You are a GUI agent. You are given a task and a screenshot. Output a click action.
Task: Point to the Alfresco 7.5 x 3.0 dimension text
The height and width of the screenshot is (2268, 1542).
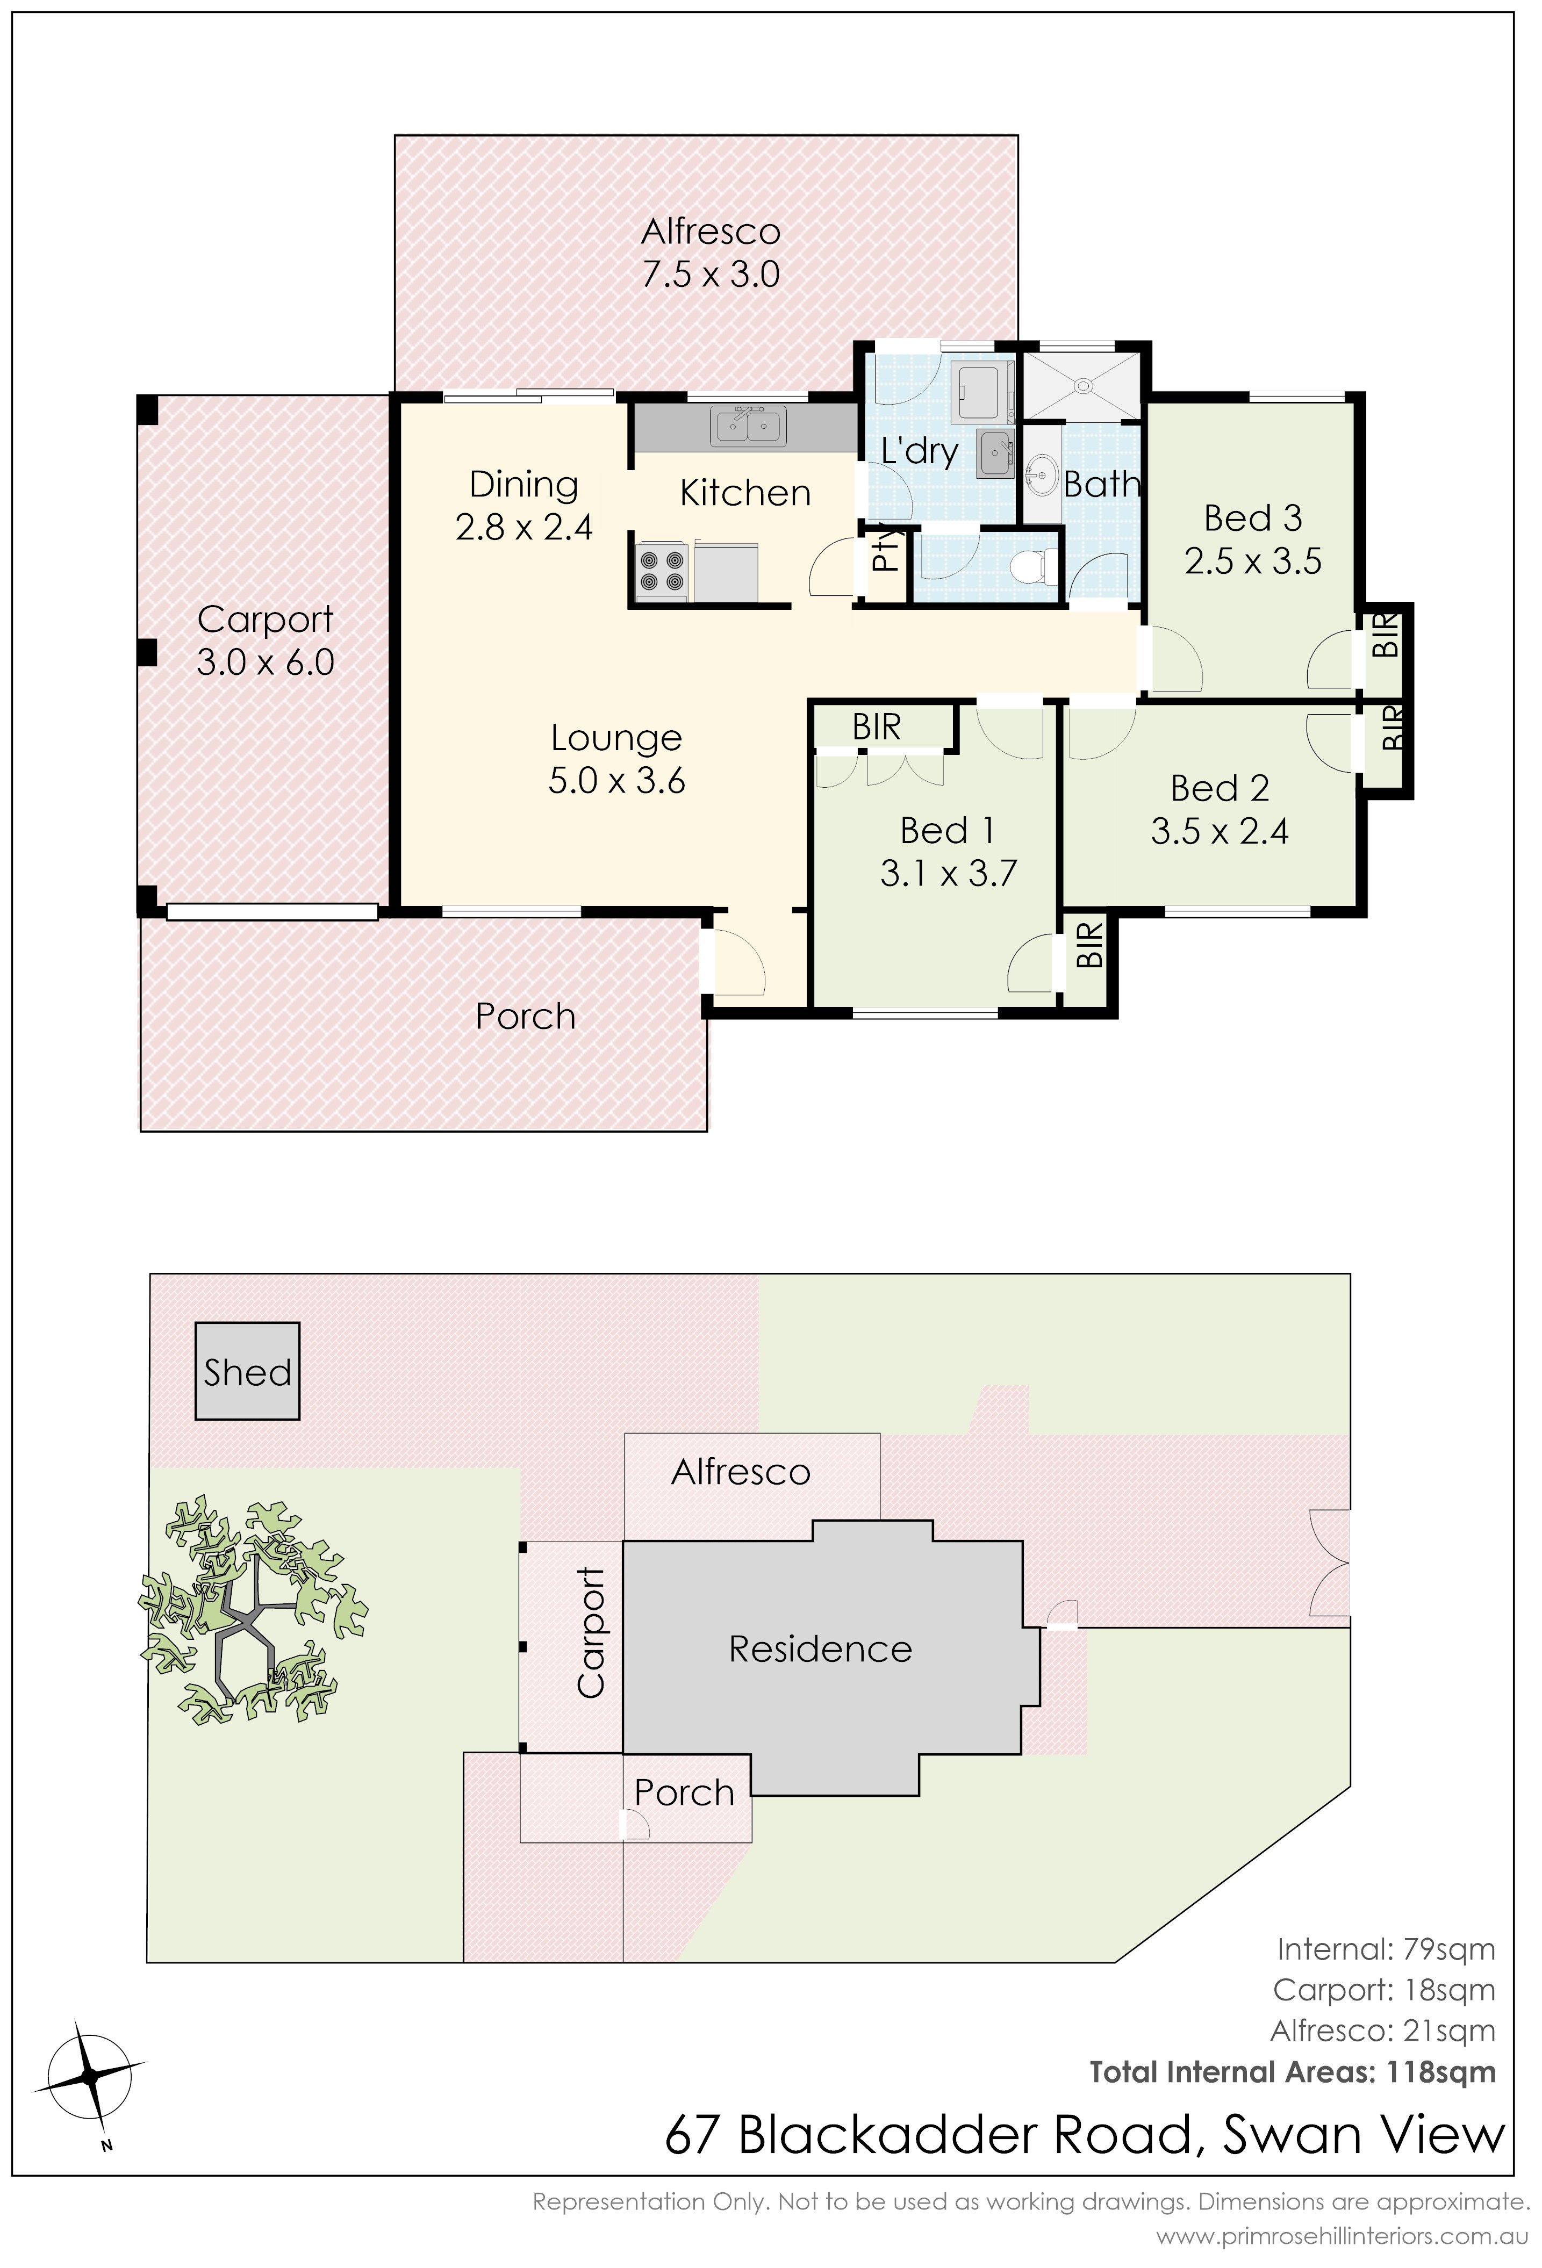pos(711,274)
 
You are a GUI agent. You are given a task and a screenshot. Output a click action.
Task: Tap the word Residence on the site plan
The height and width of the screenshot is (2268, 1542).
pos(820,1649)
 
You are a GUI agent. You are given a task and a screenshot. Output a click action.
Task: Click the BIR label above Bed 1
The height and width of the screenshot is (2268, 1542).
pos(877,727)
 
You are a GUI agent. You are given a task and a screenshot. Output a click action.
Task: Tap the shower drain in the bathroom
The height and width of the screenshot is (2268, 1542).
pos(1081,386)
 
